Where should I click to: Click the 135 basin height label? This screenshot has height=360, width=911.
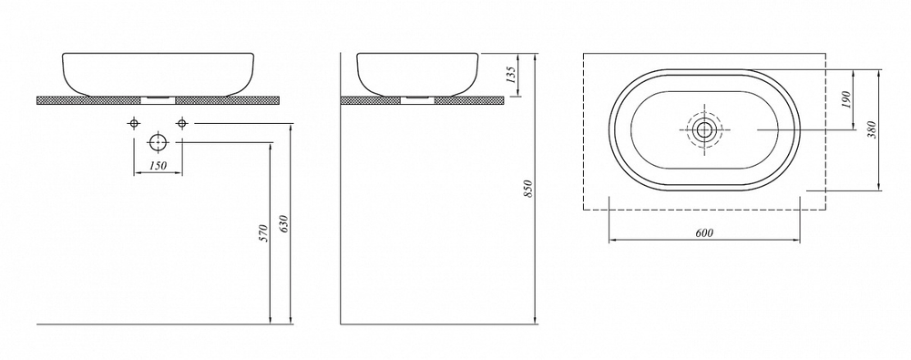coord(511,74)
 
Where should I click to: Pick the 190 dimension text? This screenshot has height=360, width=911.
coord(846,100)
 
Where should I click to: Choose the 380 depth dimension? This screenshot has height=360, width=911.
coord(872,130)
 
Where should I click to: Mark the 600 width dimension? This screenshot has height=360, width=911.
coord(703,232)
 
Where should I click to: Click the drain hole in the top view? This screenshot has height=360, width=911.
coord(703,129)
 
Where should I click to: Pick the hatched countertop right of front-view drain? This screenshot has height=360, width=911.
coord(229,98)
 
